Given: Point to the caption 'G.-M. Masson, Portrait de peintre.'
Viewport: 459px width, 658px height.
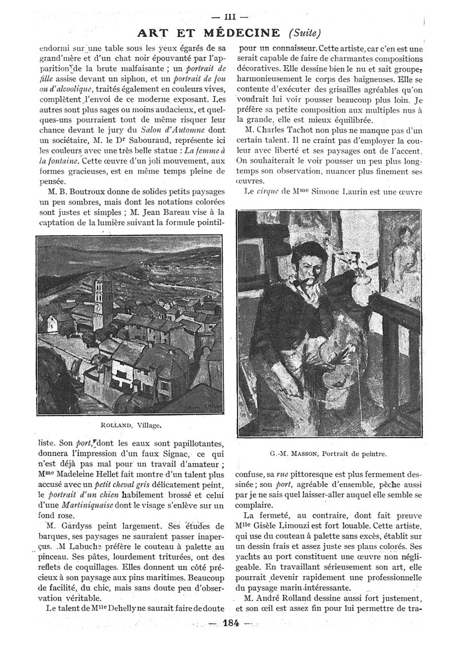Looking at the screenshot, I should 328,454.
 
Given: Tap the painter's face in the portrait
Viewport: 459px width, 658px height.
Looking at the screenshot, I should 309,270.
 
